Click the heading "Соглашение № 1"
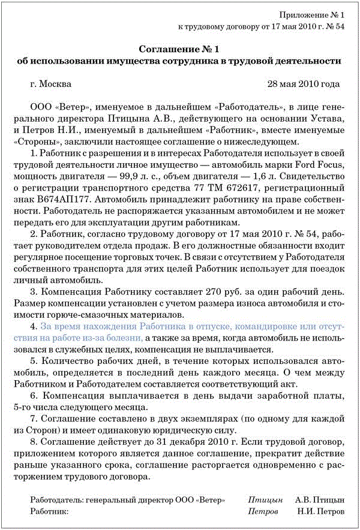tap(179, 49)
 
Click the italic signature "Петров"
tap(263, 511)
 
